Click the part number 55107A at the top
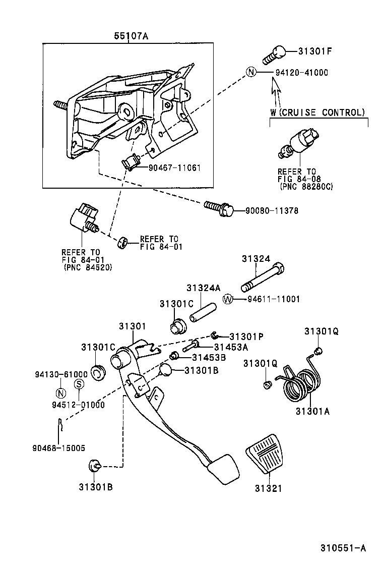point(126,36)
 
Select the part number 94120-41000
point(301,72)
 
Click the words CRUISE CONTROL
point(322,112)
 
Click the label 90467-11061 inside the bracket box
point(174,167)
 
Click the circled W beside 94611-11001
point(228,299)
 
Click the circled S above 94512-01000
point(79,383)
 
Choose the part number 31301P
point(247,336)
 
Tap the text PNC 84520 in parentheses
point(88,267)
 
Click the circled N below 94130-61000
point(59,394)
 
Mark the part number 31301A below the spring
point(312,411)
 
